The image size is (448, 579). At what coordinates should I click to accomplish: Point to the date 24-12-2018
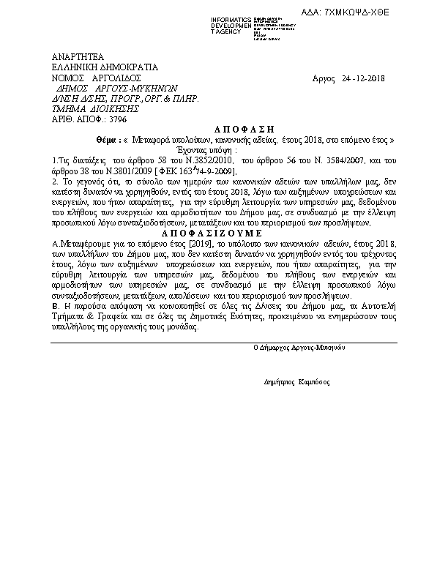click(x=364, y=78)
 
